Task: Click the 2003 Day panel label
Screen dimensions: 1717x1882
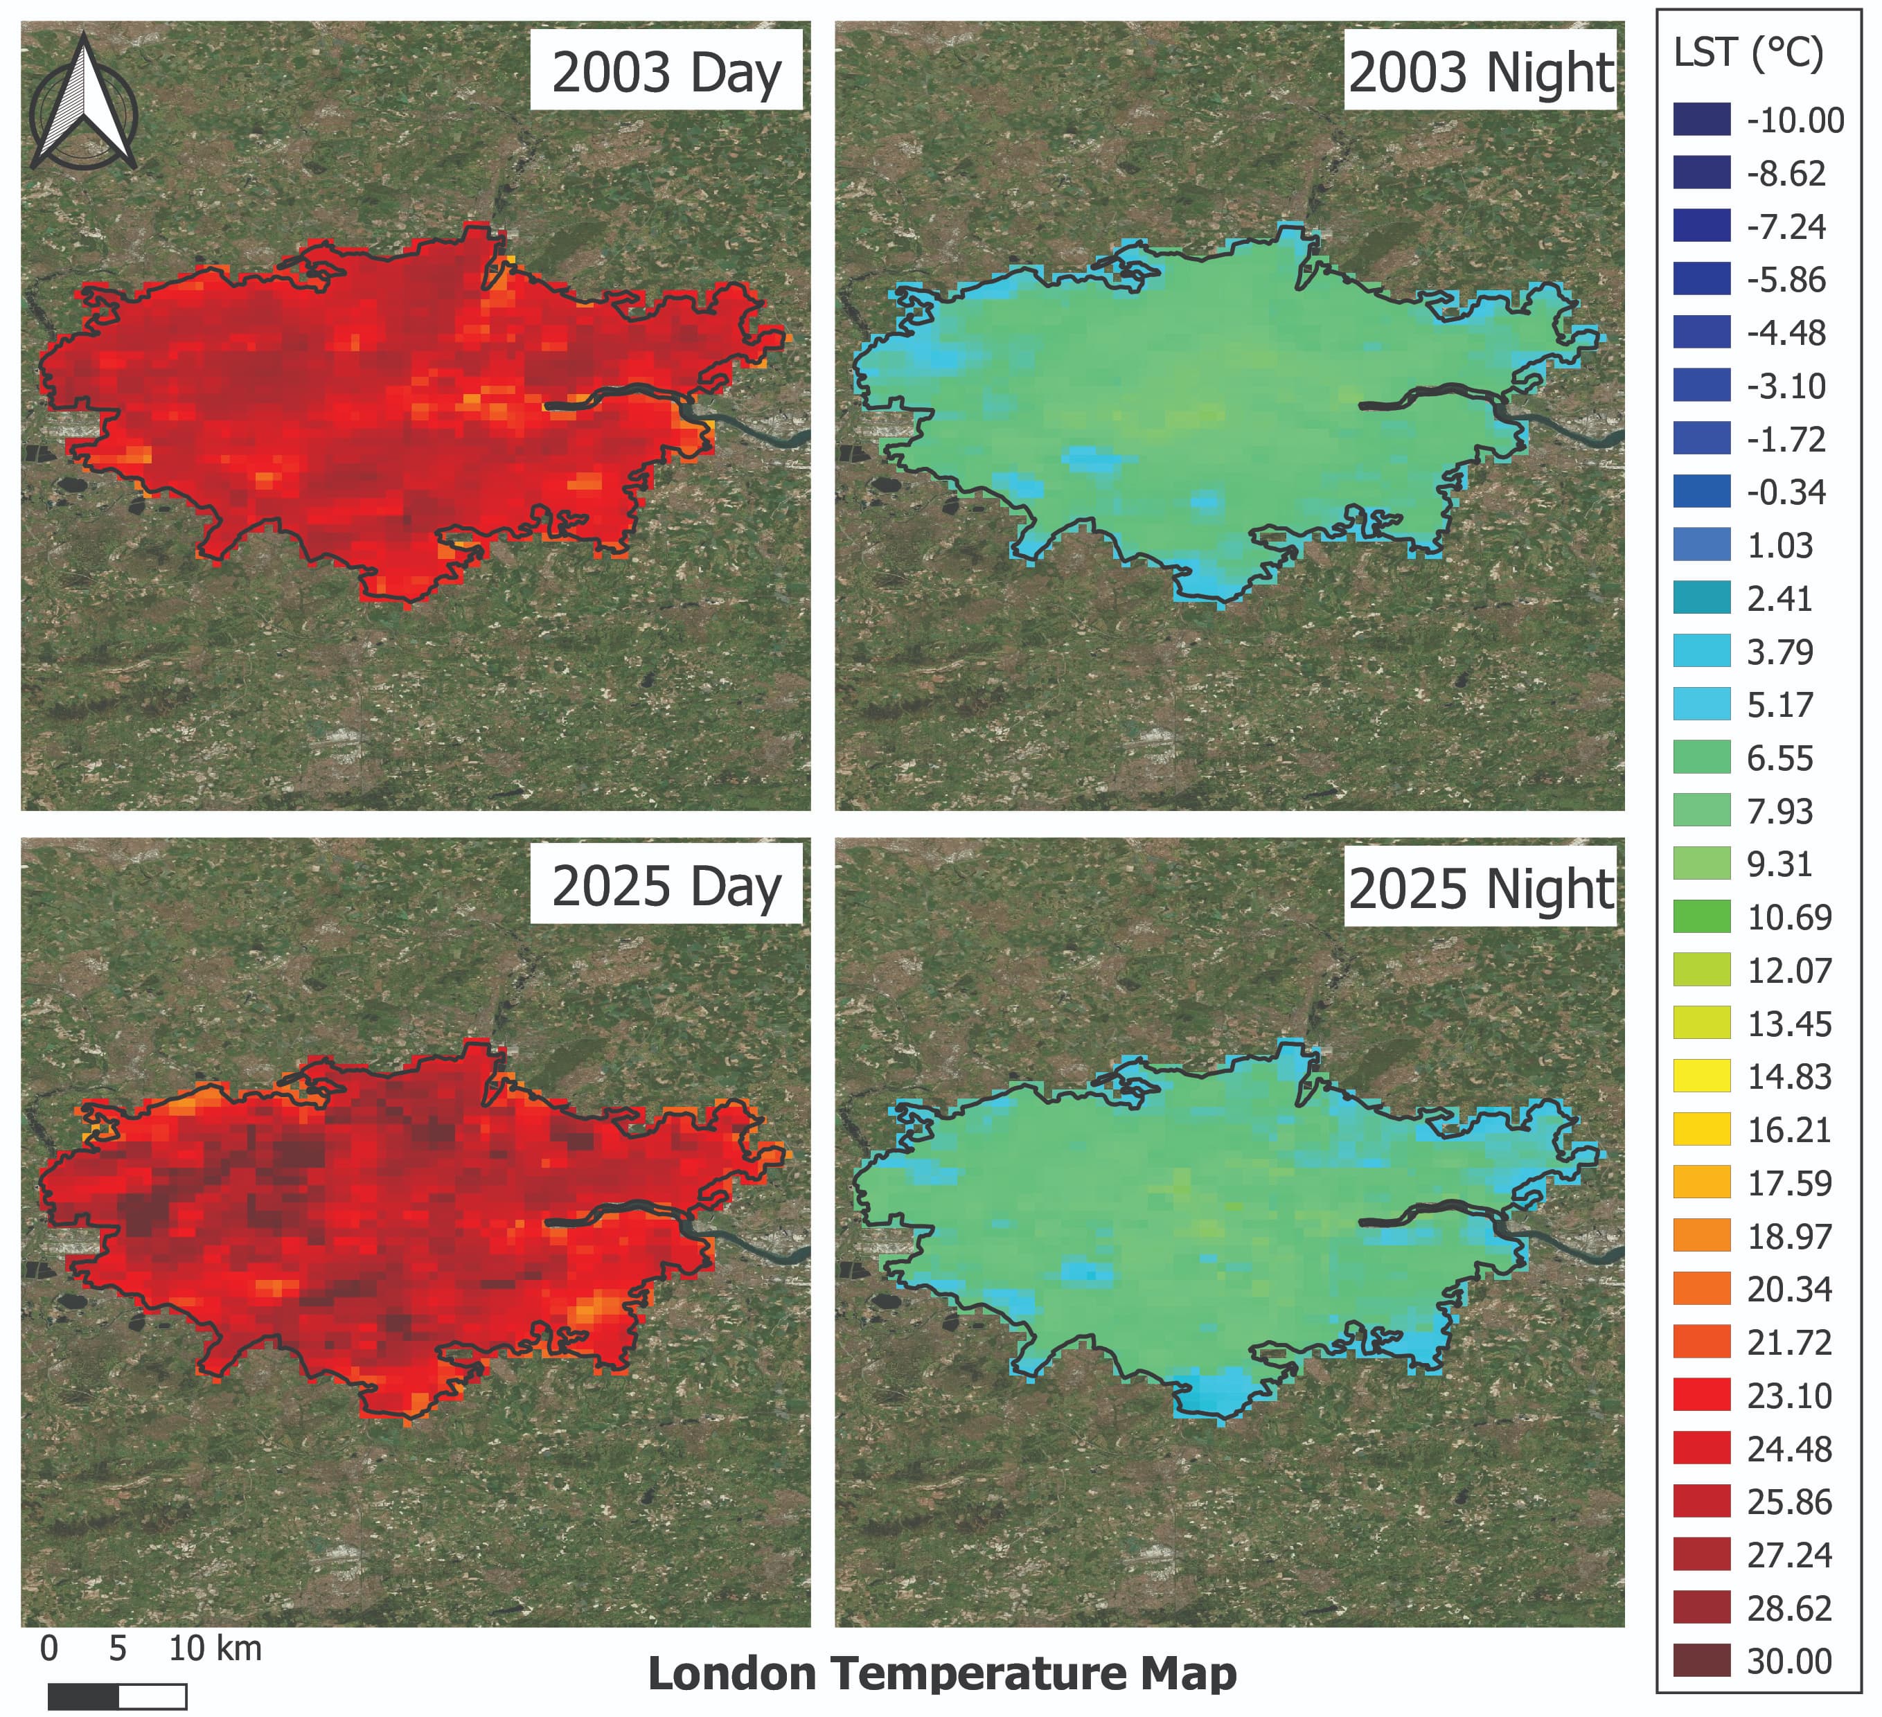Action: click(666, 72)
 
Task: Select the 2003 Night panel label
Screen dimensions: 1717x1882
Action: click(1480, 72)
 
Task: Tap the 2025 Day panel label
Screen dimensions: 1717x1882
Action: click(666, 885)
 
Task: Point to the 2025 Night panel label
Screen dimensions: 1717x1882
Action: click(1480, 887)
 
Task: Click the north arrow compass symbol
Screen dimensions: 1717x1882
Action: click(84, 103)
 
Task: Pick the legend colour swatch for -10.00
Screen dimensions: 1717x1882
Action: click(1701, 120)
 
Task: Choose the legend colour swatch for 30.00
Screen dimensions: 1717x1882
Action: click(1701, 1661)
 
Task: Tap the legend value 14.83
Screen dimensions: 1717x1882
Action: click(1788, 1076)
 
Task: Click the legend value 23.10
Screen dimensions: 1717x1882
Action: click(1788, 1396)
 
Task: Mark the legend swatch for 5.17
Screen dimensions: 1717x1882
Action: click(1701, 704)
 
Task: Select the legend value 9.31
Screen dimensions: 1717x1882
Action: click(1779, 864)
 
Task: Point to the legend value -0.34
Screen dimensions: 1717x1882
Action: click(1786, 492)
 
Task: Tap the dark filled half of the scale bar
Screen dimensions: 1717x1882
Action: click(83, 1696)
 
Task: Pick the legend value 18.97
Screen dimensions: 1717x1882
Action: click(1788, 1236)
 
